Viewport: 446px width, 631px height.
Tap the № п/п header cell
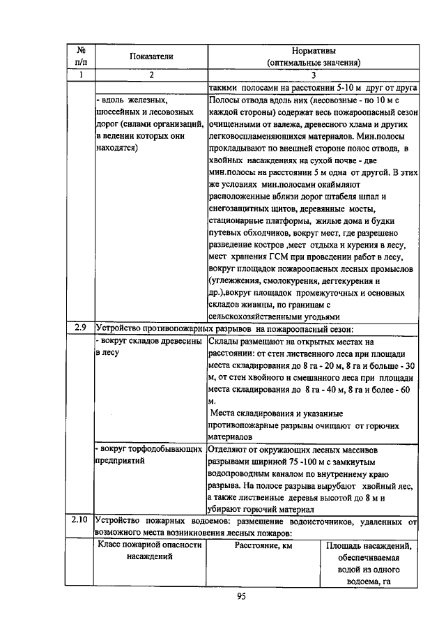81,56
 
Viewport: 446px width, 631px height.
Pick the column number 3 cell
314,75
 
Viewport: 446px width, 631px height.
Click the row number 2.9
80,329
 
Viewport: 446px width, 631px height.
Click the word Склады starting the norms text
224,342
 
